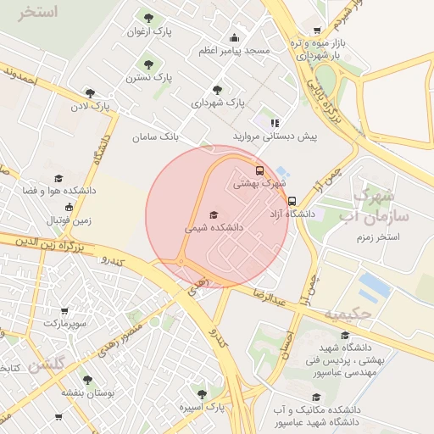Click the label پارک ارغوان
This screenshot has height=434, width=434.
(x=149, y=31)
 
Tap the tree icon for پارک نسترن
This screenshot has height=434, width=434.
(x=149, y=63)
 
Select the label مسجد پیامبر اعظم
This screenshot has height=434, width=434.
(x=234, y=52)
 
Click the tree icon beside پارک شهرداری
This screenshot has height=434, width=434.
(x=218, y=89)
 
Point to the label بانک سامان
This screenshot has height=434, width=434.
(x=157, y=136)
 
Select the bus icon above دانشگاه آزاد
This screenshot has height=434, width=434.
(x=292, y=202)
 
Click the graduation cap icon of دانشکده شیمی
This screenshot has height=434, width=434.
(x=214, y=214)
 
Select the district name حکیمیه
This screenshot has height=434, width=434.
(x=348, y=314)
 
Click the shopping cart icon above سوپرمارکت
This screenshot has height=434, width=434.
(x=64, y=311)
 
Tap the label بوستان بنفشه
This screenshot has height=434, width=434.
(x=88, y=392)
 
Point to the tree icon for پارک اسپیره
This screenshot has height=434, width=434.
(x=202, y=394)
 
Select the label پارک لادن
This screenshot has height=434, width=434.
(x=92, y=107)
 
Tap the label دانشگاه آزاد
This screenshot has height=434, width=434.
(x=292, y=214)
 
